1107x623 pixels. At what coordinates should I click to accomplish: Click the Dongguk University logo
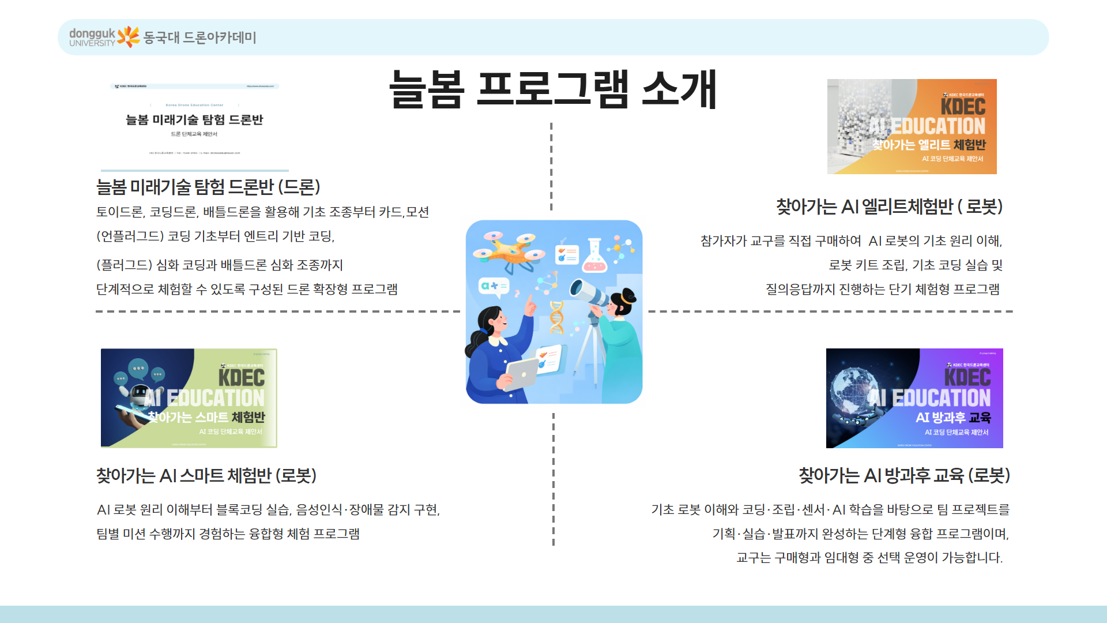tap(104, 37)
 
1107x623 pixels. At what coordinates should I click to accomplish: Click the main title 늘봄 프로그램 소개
tap(553, 90)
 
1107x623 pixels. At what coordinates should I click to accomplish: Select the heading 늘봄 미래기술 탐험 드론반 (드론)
tap(208, 187)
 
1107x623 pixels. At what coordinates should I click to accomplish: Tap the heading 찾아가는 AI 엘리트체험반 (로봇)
tap(889, 207)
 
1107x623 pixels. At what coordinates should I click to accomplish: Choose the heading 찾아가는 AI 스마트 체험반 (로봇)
tap(206, 476)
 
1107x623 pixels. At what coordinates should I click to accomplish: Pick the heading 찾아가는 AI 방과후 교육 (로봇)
tap(904, 476)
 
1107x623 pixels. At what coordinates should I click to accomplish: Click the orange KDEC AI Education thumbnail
tap(912, 126)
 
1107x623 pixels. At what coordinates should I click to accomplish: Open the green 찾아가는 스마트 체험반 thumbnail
tap(189, 398)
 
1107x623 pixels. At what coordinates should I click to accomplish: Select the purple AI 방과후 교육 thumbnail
tap(914, 398)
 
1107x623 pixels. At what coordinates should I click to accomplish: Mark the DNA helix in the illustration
tap(556, 317)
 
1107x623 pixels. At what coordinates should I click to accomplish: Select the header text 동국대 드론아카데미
tap(199, 37)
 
